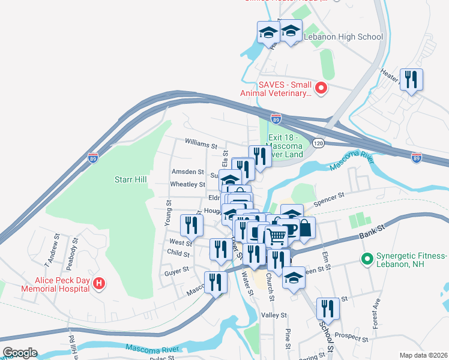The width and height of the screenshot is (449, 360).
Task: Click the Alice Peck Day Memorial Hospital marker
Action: click(x=100, y=283)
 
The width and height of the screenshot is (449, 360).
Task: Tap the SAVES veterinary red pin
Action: click(x=321, y=89)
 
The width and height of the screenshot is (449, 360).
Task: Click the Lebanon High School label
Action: click(x=343, y=37)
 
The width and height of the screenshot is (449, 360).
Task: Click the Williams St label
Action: click(x=200, y=145)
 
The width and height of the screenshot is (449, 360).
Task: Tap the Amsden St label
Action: click(x=187, y=172)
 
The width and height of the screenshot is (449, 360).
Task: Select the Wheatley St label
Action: click(x=188, y=184)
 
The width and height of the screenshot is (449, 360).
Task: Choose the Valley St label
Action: click(x=274, y=315)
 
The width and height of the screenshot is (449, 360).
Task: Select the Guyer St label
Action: click(x=176, y=272)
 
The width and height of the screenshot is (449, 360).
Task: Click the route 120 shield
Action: click(x=319, y=143)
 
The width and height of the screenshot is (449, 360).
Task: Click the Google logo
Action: click(x=19, y=353)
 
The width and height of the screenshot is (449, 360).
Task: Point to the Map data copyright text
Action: click(x=423, y=355)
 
